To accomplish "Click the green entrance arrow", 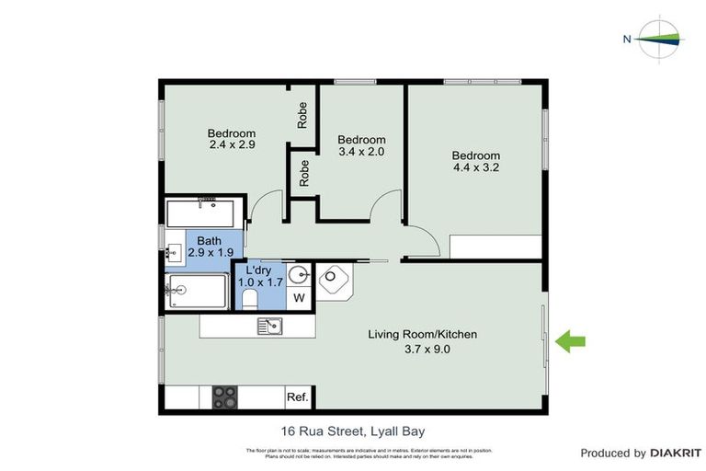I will point(573,341).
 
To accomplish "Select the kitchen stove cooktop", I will point(225,396).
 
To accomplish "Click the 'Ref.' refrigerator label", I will point(297,397).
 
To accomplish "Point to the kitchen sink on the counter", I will point(269,325).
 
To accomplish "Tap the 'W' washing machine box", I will point(298,298).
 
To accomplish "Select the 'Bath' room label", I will point(210,240).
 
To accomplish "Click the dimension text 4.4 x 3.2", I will point(476,168).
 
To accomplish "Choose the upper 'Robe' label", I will point(302,114).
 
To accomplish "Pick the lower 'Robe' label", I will point(302,175).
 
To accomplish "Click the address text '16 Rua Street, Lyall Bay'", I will point(352,430).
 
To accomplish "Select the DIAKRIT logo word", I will point(676,453).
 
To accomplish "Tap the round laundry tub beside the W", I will point(298,275).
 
